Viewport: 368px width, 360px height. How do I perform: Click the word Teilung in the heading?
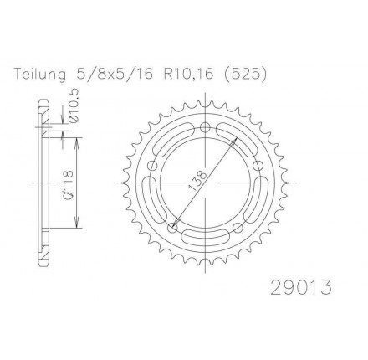[40, 75]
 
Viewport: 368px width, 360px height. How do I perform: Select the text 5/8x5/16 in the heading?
[114, 75]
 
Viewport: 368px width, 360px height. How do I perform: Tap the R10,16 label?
[189, 75]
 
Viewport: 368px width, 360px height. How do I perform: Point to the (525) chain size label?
[243, 75]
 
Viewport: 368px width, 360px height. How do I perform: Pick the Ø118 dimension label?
[68, 185]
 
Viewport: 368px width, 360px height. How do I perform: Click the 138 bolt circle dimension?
[197, 180]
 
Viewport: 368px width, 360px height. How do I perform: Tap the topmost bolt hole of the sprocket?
[205, 128]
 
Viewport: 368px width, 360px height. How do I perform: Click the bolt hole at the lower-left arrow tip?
[172, 228]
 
